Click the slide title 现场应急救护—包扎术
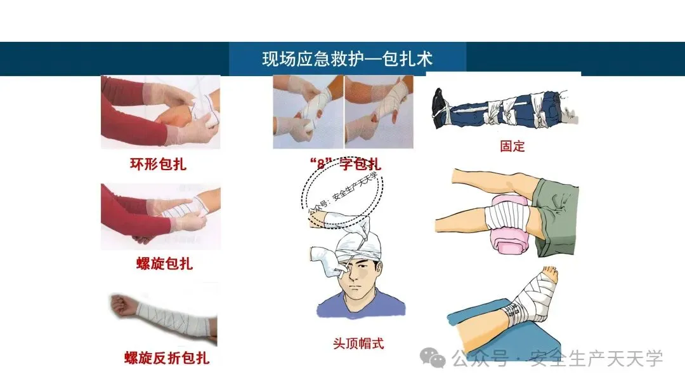[348, 58]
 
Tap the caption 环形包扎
[158, 164]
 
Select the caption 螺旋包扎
[164, 263]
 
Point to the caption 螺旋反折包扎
[167, 358]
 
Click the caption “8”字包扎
[345, 164]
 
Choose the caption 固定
[512, 146]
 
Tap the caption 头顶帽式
[358, 343]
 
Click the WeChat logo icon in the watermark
[433, 358]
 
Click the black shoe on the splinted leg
[440, 107]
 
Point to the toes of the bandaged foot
[551, 273]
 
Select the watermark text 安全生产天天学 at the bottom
[596, 359]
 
